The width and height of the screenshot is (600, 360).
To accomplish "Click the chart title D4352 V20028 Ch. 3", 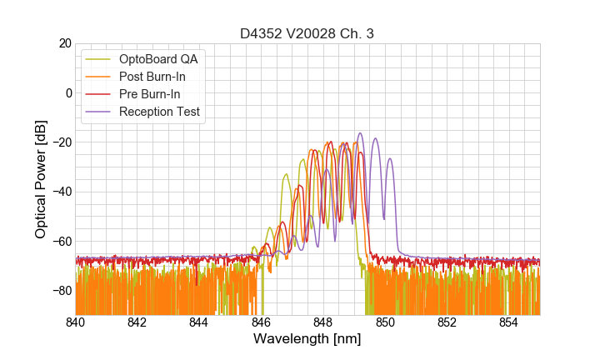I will point(307,34).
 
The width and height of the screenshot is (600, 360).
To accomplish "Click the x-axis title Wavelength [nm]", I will point(307,339).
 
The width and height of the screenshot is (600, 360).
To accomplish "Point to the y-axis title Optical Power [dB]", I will point(41,179).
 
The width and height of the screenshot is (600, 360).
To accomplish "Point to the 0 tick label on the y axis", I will point(68,92).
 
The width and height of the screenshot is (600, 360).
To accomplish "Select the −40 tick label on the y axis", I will point(61,192).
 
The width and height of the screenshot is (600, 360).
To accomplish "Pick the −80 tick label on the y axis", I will point(61,291).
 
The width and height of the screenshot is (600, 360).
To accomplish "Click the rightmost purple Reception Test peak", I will point(376,139).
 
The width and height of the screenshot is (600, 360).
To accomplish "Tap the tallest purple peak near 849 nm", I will point(360,133).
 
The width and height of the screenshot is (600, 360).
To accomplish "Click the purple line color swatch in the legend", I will point(97,112).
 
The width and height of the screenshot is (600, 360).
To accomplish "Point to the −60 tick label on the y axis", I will point(61,242).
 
